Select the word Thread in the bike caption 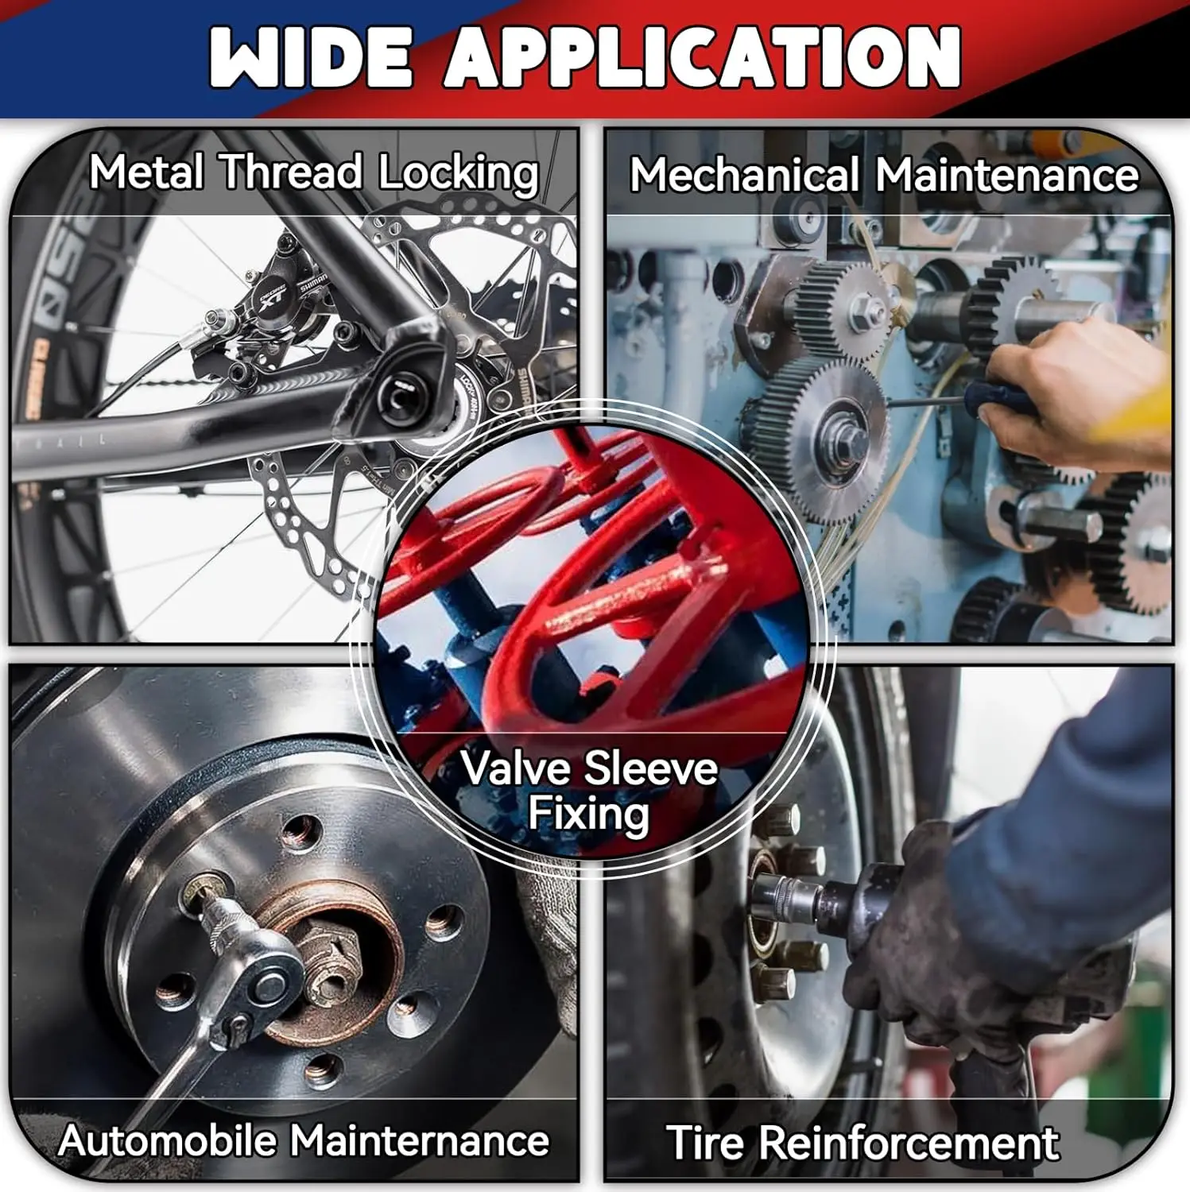tap(291, 172)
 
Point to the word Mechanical tap(745, 174)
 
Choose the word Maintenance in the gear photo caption tap(1007, 174)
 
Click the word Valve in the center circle tap(515, 768)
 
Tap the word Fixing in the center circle tap(588, 815)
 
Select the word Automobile tap(167, 1140)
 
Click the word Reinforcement tap(908, 1143)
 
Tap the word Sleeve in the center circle tap(651, 768)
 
